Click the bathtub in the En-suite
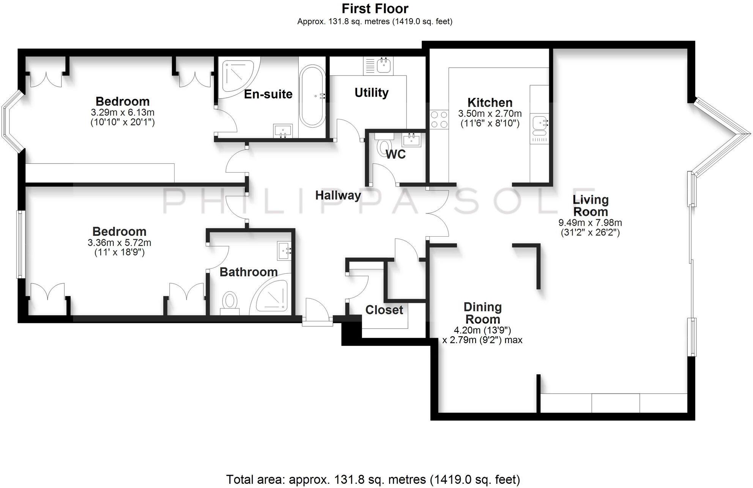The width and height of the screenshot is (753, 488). click(312, 96)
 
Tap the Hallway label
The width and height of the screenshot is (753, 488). click(338, 195)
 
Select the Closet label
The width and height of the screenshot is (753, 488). click(384, 310)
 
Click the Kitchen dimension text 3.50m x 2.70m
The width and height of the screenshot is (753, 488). click(490, 113)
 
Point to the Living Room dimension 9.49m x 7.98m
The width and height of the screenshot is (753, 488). click(590, 223)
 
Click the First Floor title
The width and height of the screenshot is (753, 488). click(375, 8)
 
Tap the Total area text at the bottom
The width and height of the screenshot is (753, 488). click(373, 479)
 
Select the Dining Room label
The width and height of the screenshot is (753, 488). click(482, 313)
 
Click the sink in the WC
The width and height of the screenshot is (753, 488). click(411, 140)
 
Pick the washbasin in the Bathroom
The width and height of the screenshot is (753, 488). click(284, 251)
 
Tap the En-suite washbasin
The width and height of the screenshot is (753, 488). click(283, 131)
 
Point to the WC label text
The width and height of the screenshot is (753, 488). click(395, 154)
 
